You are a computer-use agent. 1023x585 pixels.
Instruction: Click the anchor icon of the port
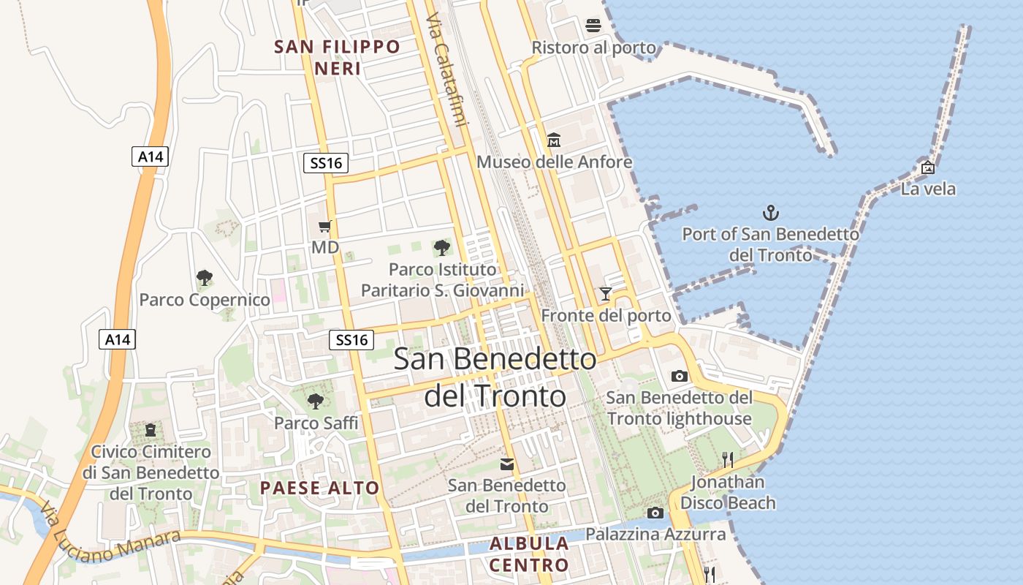(x=771, y=213)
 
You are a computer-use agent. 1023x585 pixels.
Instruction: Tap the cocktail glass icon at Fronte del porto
(x=605, y=294)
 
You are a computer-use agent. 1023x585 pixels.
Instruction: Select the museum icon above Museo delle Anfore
(x=554, y=140)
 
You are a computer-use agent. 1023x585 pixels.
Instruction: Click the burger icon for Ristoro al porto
(x=593, y=26)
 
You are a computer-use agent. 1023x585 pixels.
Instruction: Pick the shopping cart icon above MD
(x=325, y=227)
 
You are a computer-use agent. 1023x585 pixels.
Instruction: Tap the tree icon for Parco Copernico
(x=205, y=278)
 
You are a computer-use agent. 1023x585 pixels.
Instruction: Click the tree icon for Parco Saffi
(x=316, y=401)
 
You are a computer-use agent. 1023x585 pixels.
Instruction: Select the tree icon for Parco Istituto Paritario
(x=441, y=248)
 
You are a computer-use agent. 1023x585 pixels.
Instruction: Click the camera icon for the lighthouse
(x=680, y=376)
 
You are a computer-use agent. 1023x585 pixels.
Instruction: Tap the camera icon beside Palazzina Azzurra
(x=655, y=513)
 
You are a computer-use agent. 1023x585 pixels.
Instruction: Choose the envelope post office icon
(x=507, y=464)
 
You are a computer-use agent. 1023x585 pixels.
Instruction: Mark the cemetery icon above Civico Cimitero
(x=151, y=429)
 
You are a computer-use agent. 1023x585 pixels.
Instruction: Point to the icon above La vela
(x=928, y=167)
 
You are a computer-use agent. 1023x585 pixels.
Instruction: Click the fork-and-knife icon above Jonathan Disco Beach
(x=728, y=460)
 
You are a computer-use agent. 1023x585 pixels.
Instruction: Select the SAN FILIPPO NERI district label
(x=338, y=58)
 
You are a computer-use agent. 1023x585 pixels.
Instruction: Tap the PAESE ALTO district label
(x=320, y=488)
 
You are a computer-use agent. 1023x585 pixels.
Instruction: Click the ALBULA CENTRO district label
(x=529, y=554)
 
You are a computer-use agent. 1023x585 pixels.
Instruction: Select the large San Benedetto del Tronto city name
(x=495, y=377)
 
